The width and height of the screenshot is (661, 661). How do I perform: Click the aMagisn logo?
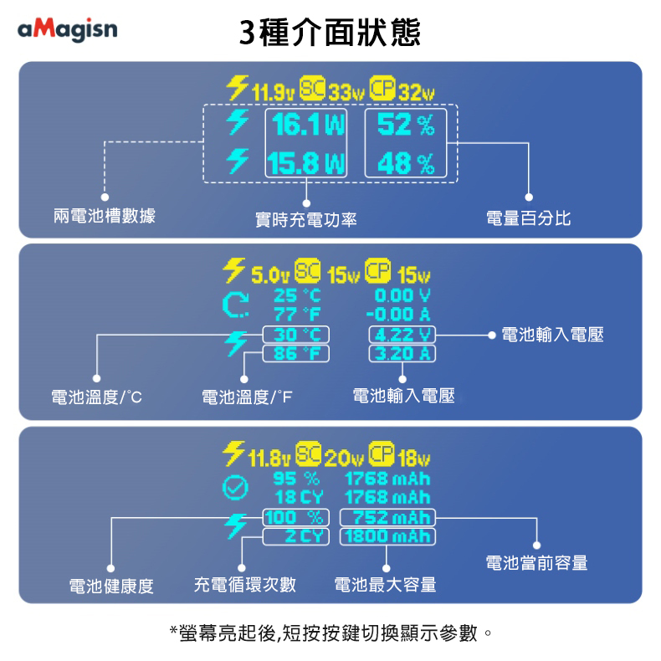pos(68,30)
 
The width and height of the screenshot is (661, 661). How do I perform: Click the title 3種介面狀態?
pos(330,33)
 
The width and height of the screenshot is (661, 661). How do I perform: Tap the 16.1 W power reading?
pos(308,126)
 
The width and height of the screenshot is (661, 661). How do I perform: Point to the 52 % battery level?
pos(406,126)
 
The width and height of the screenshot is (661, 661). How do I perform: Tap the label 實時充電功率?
pos(306,220)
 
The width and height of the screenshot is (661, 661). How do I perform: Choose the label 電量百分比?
pos(529,218)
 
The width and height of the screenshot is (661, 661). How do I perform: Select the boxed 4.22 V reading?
pos(402,336)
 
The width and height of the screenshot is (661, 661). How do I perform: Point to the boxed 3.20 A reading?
pos(402,353)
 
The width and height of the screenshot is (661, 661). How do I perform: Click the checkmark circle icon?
pos(237,486)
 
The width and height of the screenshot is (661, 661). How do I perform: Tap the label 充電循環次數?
pos(245,583)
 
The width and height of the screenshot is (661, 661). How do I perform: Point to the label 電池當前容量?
pos(536,563)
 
